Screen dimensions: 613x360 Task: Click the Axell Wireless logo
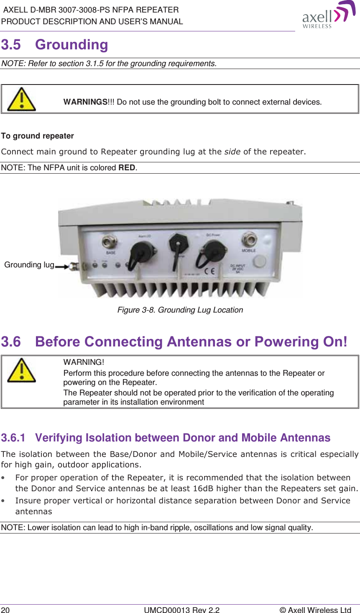328,15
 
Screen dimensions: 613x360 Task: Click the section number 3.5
11,45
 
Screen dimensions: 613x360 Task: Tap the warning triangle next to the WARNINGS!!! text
21,99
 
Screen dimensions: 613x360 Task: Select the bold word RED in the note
127,168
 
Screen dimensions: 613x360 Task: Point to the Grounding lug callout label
29,265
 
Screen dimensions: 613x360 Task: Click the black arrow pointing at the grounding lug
61,266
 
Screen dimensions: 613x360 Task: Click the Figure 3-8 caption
180,310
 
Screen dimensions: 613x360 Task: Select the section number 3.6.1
13,438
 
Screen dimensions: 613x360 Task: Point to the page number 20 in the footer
5,610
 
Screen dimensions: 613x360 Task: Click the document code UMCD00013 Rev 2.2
181,610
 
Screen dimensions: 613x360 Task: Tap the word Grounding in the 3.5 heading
71,45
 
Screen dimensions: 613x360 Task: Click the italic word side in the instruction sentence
232,151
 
